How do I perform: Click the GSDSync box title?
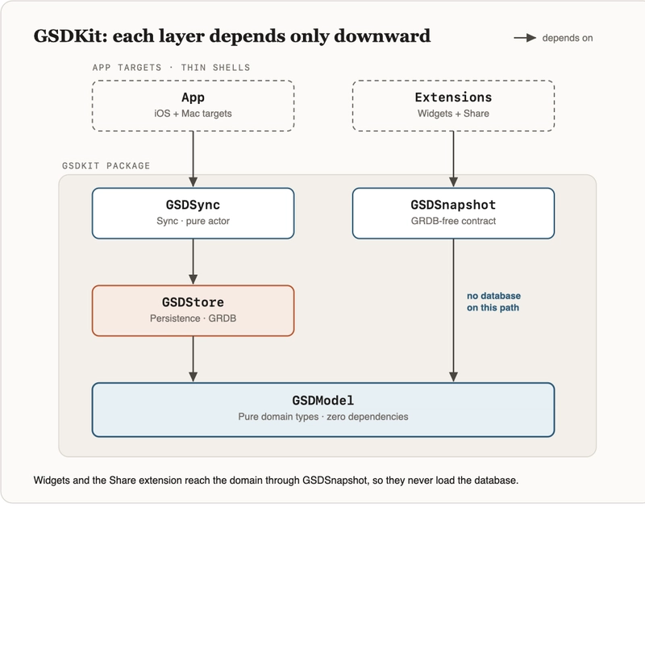(x=193, y=205)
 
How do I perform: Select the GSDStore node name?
(x=193, y=302)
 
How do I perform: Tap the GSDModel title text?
(x=323, y=400)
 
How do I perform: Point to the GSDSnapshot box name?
(x=453, y=205)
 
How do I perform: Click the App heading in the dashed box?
(x=193, y=98)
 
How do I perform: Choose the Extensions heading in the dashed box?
(x=453, y=97)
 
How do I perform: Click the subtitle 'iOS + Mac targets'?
(x=193, y=114)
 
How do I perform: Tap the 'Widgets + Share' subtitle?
(x=453, y=114)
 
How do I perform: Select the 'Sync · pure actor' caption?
(x=193, y=221)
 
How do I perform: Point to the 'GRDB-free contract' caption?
(x=453, y=221)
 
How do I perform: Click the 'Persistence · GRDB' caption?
(x=193, y=318)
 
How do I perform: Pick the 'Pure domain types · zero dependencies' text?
(x=323, y=417)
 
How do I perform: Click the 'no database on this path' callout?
(x=493, y=302)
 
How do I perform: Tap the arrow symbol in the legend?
(x=525, y=38)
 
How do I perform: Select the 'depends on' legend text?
(x=568, y=38)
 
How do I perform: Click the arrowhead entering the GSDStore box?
(x=193, y=280)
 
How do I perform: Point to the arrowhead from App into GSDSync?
(x=193, y=182)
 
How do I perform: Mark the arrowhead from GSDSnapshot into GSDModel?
(x=453, y=377)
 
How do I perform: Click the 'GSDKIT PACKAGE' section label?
(x=106, y=166)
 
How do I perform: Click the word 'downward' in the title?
(x=382, y=35)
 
